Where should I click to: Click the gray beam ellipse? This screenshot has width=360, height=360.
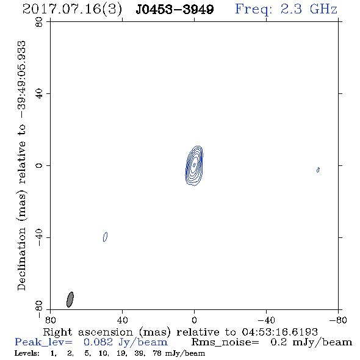click(x=70, y=300)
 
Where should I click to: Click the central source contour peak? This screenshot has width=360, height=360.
click(x=194, y=165)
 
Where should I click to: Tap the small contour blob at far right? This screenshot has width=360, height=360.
click(x=318, y=170)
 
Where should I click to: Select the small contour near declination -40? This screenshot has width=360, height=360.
click(x=105, y=237)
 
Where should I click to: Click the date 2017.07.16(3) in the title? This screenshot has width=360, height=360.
click(x=73, y=9)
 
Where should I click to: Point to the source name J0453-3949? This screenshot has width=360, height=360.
click(x=175, y=10)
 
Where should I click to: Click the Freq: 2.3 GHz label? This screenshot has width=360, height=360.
click(x=286, y=9)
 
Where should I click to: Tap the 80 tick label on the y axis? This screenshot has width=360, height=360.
click(x=39, y=22)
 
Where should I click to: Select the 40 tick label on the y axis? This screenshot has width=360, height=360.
click(x=39, y=94)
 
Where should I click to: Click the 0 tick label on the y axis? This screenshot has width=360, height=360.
click(x=39, y=165)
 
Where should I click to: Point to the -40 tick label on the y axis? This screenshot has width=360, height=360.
click(x=39, y=237)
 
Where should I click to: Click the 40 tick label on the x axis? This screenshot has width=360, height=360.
click(x=122, y=320)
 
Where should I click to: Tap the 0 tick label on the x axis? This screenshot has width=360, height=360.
click(x=194, y=320)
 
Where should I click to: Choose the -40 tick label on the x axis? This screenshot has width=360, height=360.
click(x=266, y=320)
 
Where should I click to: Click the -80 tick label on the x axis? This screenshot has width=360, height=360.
click(x=338, y=320)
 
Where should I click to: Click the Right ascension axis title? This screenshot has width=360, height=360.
click(x=180, y=332)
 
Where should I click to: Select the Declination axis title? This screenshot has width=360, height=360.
click(x=21, y=166)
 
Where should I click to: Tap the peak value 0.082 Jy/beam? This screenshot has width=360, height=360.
click(x=125, y=342)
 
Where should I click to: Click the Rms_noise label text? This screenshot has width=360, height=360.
click(x=225, y=342)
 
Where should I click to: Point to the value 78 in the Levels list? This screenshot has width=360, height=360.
click(x=157, y=353)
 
